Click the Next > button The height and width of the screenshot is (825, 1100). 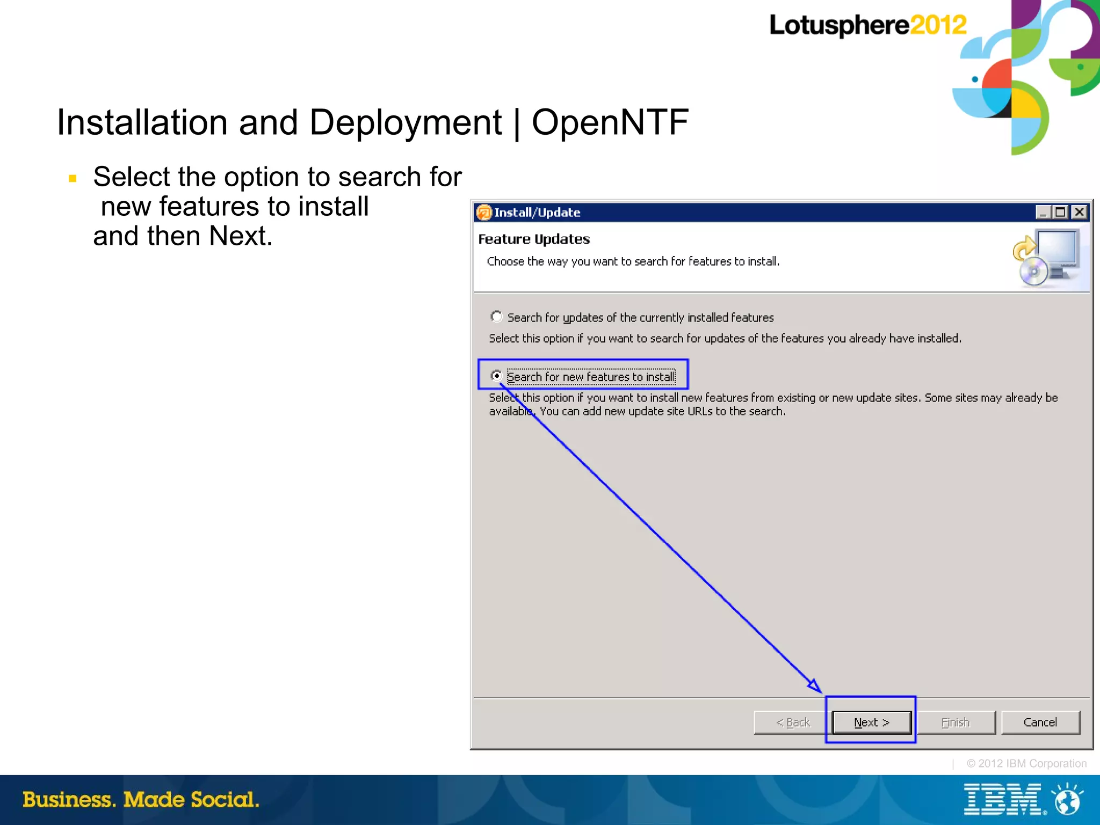(x=871, y=722)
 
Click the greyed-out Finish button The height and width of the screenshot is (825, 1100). (x=956, y=722)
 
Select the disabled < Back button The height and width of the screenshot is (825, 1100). (x=792, y=722)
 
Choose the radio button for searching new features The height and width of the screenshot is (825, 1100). (x=497, y=376)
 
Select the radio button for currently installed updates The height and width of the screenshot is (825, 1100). (x=497, y=317)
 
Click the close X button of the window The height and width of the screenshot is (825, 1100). (x=1079, y=212)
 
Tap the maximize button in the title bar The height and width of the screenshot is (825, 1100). (x=1060, y=212)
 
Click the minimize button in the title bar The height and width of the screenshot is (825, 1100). (x=1043, y=212)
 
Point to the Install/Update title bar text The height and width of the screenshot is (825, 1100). (x=537, y=213)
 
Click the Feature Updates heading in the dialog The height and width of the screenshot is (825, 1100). (x=534, y=239)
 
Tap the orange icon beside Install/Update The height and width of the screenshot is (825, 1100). (x=484, y=213)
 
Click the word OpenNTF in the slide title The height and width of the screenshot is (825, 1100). (x=610, y=122)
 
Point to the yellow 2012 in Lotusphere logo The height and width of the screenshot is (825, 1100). (x=938, y=25)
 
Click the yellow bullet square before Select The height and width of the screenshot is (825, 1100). (x=73, y=178)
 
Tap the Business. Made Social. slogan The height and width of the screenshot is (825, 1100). (x=141, y=800)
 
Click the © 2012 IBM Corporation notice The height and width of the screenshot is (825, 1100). (x=1026, y=763)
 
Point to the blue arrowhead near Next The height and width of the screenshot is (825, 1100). (x=814, y=685)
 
